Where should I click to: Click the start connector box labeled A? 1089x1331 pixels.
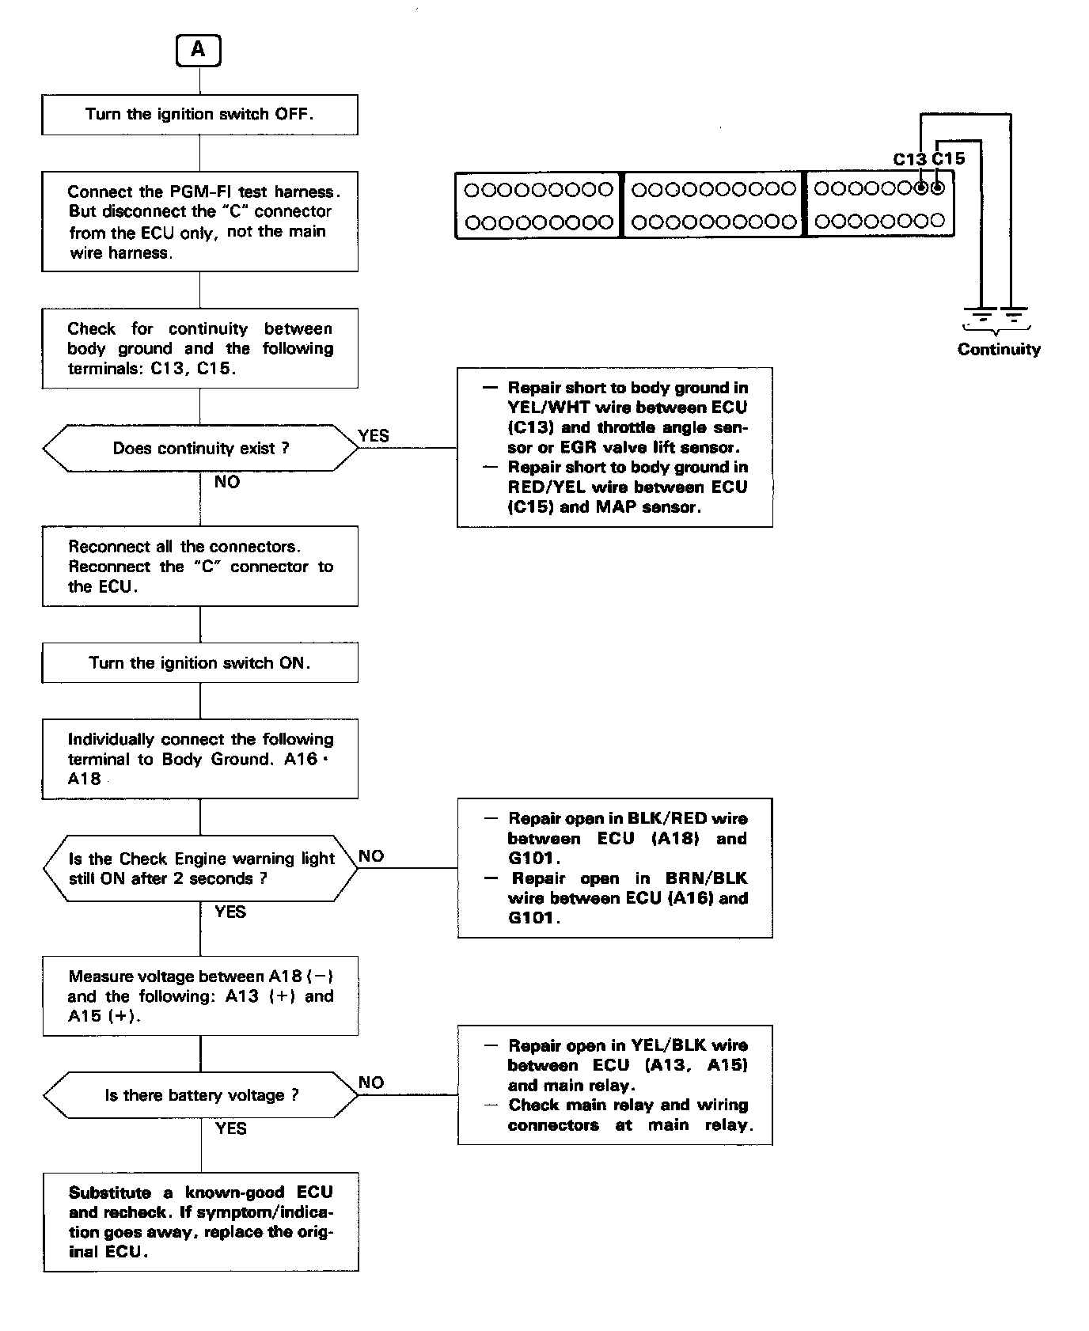click(198, 51)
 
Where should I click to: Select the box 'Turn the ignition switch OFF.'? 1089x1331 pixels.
click(199, 115)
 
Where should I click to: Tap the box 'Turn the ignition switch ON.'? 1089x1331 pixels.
click(199, 663)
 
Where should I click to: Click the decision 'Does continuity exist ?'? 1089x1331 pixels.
click(200, 449)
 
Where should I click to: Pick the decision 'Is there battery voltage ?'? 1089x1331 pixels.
click(201, 1095)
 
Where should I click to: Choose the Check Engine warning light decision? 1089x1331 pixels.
click(201, 868)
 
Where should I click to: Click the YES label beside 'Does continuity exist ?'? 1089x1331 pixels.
click(374, 436)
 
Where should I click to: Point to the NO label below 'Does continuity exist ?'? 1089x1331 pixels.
click(227, 482)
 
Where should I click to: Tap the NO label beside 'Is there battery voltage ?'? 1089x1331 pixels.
click(371, 1083)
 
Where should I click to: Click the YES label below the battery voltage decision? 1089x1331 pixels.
click(230, 1128)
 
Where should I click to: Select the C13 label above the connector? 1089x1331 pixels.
click(909, 159)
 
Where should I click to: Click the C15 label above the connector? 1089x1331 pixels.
click(948, 159)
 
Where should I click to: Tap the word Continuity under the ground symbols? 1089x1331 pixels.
click(999, 350)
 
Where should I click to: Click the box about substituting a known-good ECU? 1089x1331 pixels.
click(201, 1222)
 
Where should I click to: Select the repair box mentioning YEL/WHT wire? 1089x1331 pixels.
click(615, 447)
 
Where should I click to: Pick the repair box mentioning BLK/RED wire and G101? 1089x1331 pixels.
click(615, 868)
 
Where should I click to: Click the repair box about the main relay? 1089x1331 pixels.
click(615, 1085)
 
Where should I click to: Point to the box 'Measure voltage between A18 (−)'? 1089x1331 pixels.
click(200, 996)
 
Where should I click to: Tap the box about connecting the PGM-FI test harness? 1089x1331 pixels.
click(199, 222)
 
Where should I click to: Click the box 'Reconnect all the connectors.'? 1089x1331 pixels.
click(200, 567)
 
